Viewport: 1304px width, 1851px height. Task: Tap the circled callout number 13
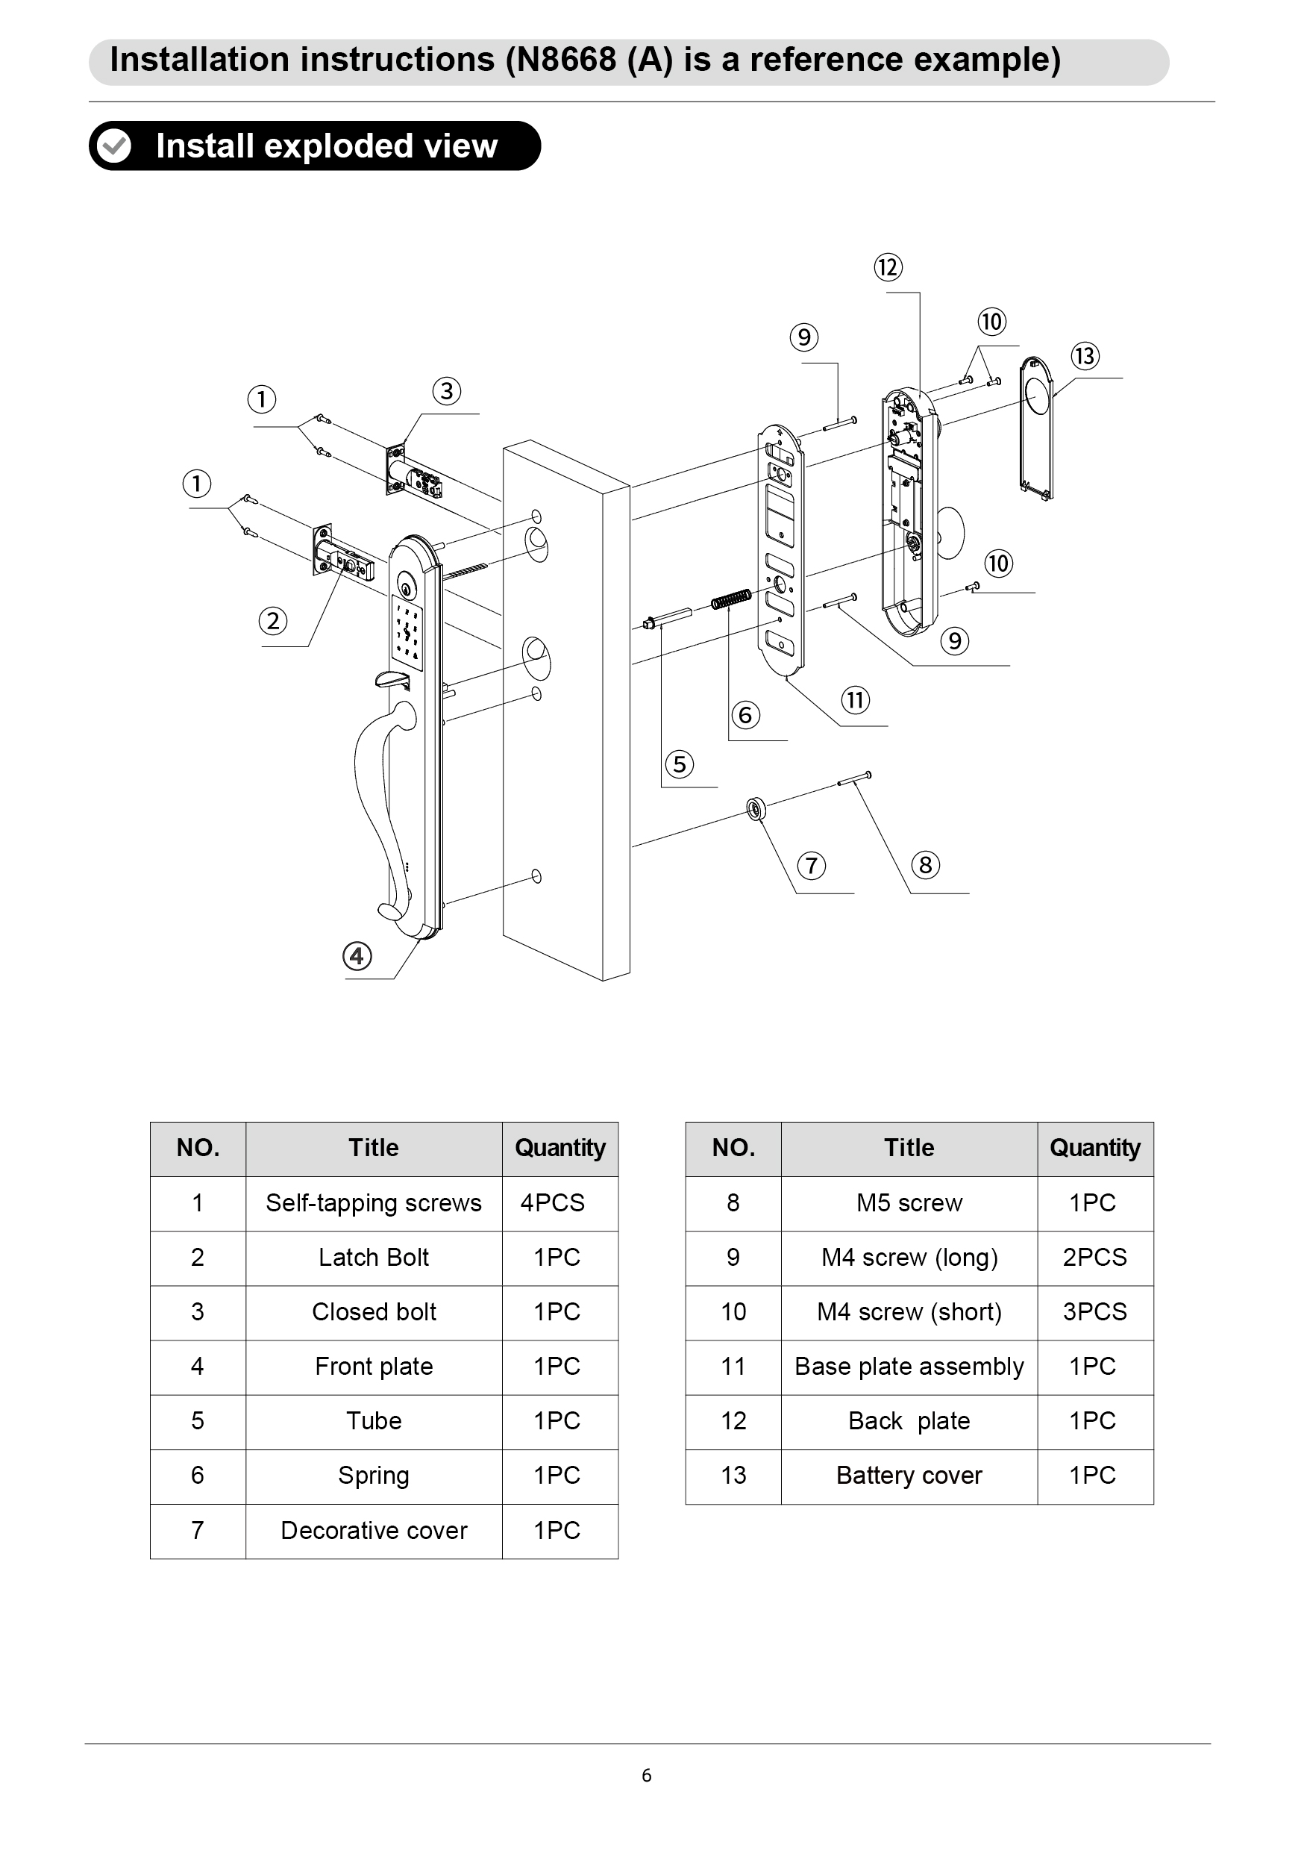(1085, 355)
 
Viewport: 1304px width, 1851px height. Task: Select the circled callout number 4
(357, 956)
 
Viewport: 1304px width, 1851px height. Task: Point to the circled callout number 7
(812, 866)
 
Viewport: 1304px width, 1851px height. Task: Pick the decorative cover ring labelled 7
(756, 808)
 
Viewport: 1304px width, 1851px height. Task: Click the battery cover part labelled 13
(1036, 428)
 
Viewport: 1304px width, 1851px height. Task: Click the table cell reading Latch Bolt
(374, 1257)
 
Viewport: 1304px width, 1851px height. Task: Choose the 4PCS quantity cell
(553, 1203)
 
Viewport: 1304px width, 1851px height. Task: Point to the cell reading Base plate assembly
(909, 1367)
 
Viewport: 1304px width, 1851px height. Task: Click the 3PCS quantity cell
(1094, 1311)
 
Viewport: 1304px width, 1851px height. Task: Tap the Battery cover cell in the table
(909, 1476)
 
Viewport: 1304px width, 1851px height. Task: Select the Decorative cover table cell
(374, 1530)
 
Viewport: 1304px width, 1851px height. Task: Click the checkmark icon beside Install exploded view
(114, 146)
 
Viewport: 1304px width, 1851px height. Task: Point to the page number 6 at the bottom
(646, 1775)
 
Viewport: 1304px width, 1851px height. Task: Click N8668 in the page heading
(561, 60)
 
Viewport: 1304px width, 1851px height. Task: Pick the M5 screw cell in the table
(909, 1203)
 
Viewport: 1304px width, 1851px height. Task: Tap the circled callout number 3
(447, 391)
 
